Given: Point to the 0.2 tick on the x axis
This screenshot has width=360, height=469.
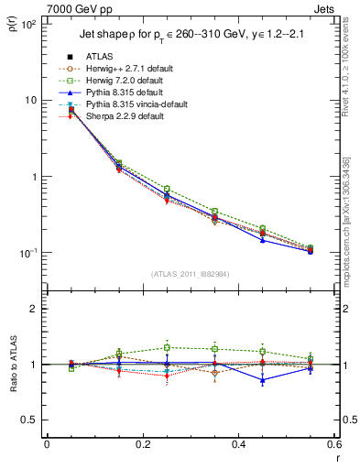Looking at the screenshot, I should tap(142, 444).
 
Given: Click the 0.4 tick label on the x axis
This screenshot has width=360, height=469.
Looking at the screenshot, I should tap(238, 444).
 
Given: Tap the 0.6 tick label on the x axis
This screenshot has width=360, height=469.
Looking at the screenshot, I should tap(334, 444).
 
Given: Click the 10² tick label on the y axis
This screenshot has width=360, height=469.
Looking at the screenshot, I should tap(27, 25).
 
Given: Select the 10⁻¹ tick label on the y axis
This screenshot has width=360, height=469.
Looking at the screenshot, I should tap(27, 253).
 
